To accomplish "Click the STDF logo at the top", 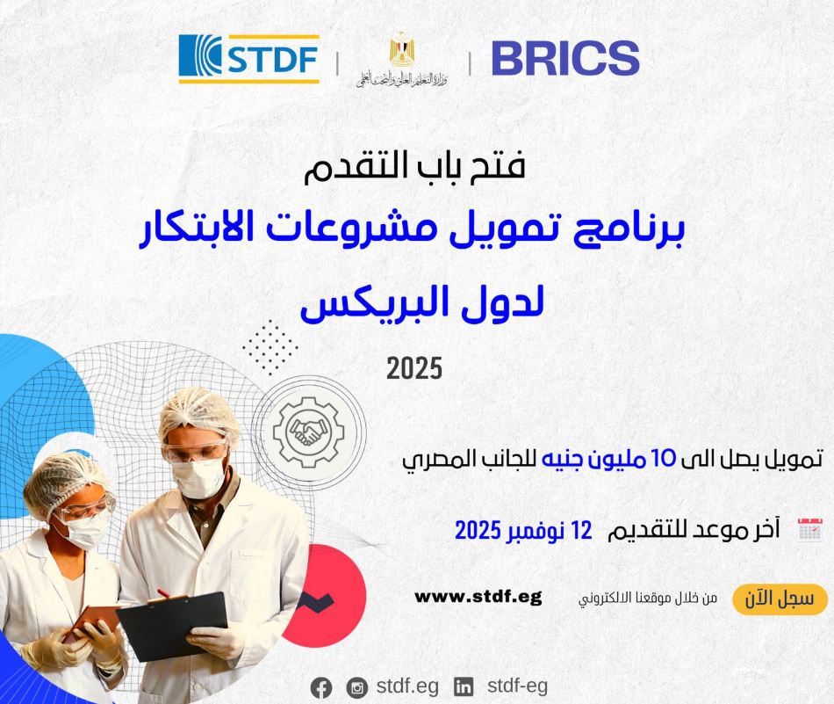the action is [x=249, y=59].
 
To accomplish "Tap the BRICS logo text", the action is [x=565, y=58].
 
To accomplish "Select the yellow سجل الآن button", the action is [x=780, y=599].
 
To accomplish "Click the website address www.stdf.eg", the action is [x=478, y=597].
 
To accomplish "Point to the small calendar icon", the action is [x=810, y=529].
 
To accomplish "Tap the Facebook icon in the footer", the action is [x=321, y=688].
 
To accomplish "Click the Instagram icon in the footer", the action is [x=357, y=688].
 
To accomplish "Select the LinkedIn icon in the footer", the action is [x=464, y=687].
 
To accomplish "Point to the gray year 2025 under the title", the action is [x=414, y=368].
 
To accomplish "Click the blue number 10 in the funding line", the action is [x=664, y=459].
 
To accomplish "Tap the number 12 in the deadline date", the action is [x=581, y=530].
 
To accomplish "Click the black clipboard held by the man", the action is [x=172, y=626].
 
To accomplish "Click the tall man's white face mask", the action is [x=199, y=477].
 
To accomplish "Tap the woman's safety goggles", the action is [x=85, y=507].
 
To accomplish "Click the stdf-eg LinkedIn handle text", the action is [x=518, y=686].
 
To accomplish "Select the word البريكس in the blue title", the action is [x=378, y=303].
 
